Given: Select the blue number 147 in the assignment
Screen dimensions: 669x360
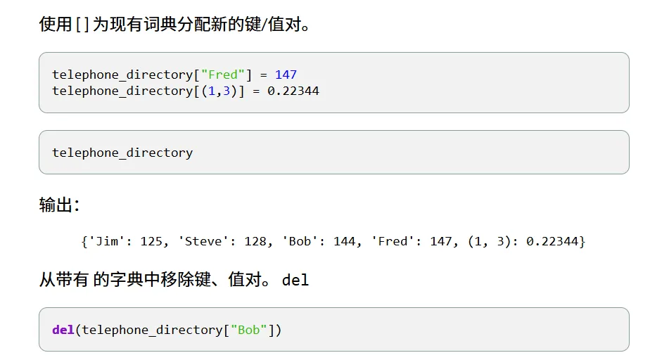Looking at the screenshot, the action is tap(286, 75).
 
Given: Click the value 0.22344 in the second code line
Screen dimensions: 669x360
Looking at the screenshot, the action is tap(293, 91).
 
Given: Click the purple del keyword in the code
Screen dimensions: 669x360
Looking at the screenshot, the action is tap(63, 330).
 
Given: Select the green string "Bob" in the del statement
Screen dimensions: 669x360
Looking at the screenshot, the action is tap(248, 330).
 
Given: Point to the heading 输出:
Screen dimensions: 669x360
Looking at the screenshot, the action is tap(59, 205).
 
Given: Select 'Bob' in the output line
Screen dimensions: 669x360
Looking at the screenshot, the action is tap(300, 241).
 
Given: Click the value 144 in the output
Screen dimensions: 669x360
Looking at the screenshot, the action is tap(345, 241).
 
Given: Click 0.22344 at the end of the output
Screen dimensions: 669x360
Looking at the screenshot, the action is tap(552, 241).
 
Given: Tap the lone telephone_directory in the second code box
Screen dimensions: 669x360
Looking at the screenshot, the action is tap(122, 153).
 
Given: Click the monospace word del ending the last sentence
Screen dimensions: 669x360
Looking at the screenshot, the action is tap(295, 280).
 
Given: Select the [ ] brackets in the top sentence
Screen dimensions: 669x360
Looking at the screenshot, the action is tap(82, 25).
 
